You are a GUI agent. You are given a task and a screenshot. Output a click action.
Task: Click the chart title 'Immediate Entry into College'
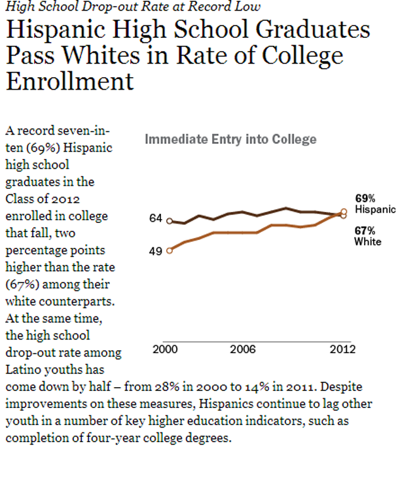coord(230,139)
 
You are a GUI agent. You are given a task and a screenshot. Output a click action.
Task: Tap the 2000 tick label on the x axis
coord(165,349)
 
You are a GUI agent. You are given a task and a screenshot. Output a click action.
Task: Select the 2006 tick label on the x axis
coord(242,349)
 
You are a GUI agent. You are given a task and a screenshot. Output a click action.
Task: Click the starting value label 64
coord(155,218)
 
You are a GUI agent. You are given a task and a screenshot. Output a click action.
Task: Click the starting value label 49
coord(155,250)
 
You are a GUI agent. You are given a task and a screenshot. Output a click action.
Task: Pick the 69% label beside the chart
coord(365,197)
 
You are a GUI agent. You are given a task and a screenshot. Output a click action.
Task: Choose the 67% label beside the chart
coord(365,230)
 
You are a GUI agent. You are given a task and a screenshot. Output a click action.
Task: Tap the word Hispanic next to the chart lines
coord(375,209)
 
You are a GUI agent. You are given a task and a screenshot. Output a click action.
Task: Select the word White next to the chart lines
coord(367,242)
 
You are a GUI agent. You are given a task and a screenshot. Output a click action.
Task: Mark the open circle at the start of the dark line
coord(170,221)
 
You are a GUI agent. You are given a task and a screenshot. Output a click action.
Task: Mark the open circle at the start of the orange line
coord(170,250)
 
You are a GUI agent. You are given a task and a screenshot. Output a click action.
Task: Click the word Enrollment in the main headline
coord(70,81)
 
